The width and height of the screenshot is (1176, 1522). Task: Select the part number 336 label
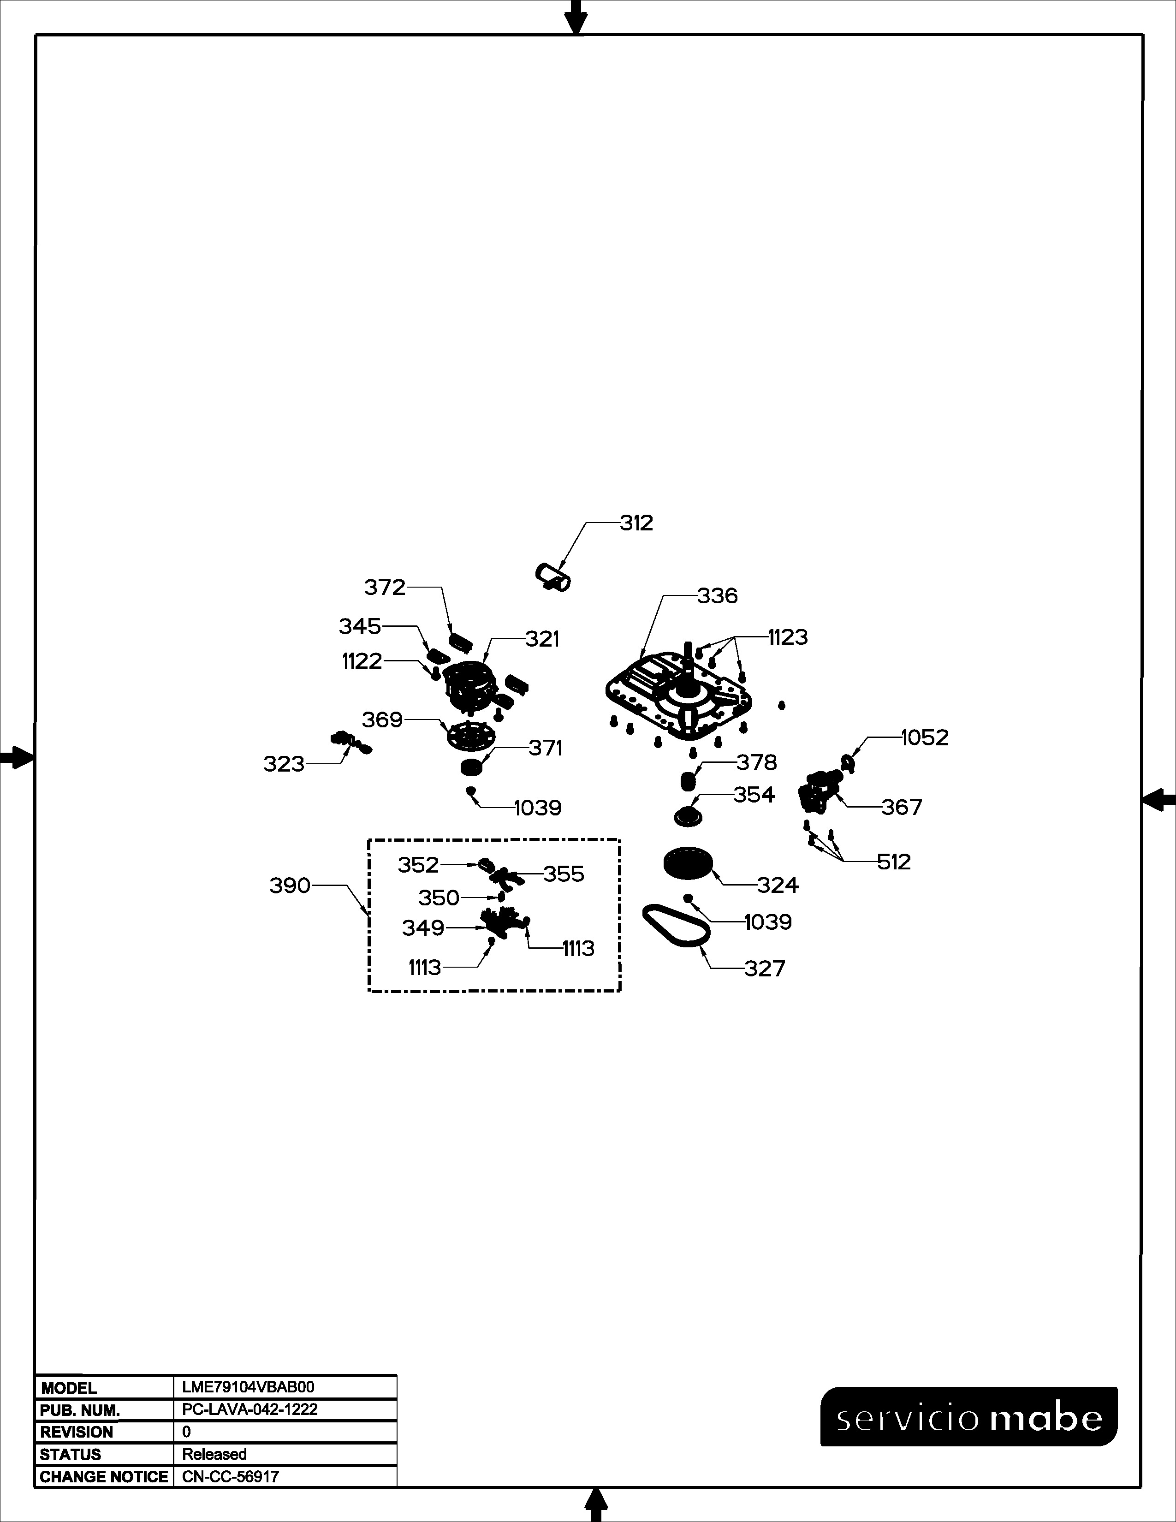(718, 596)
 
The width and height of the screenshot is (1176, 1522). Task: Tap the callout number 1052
(925, 737)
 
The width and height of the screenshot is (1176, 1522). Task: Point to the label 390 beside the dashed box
(290, 886)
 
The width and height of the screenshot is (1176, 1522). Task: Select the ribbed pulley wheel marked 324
(688, 864)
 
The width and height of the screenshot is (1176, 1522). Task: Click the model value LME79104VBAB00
(248, 1387)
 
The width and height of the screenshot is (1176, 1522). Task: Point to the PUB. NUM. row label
(79, 1410)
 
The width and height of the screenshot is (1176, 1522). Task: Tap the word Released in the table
(214, 1454)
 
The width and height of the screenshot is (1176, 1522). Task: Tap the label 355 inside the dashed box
(564, 874)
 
